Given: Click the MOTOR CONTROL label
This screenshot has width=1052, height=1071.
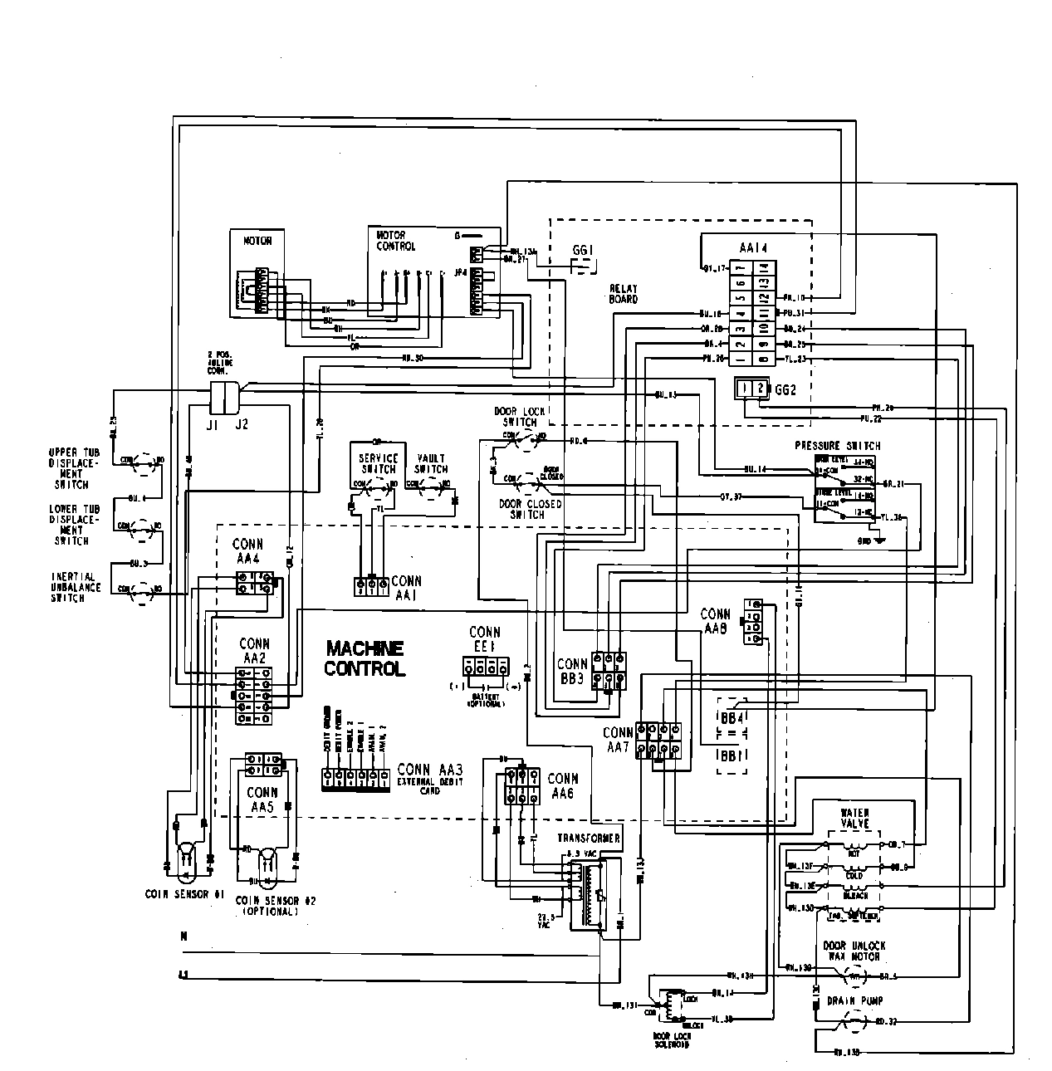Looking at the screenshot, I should tap(394, 241).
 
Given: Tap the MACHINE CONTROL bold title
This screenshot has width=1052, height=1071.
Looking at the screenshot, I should tap(365, 658).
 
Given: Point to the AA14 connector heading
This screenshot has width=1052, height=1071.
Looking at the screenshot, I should tap(752, 247).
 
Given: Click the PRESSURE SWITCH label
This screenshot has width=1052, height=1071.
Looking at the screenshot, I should tap(837, 446).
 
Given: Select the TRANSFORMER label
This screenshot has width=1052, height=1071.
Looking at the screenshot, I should tap(588, 839).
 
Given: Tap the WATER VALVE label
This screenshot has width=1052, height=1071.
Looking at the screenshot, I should tap(854, 818).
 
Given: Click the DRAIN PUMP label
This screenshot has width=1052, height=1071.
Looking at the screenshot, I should tap(854, 1001).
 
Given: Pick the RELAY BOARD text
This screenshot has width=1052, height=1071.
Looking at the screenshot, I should tap(623, 294).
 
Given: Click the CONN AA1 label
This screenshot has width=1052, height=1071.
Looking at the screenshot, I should tap(406, 587).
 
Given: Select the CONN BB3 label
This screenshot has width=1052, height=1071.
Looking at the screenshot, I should tap(572, 670).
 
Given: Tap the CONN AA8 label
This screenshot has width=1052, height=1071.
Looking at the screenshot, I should tap(715, 621).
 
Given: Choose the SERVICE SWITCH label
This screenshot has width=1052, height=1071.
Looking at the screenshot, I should tap(378, 463).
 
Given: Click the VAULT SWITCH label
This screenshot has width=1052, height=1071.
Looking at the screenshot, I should tap(431, 463).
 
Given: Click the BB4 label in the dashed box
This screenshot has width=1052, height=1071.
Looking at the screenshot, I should tap(732, 716).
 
